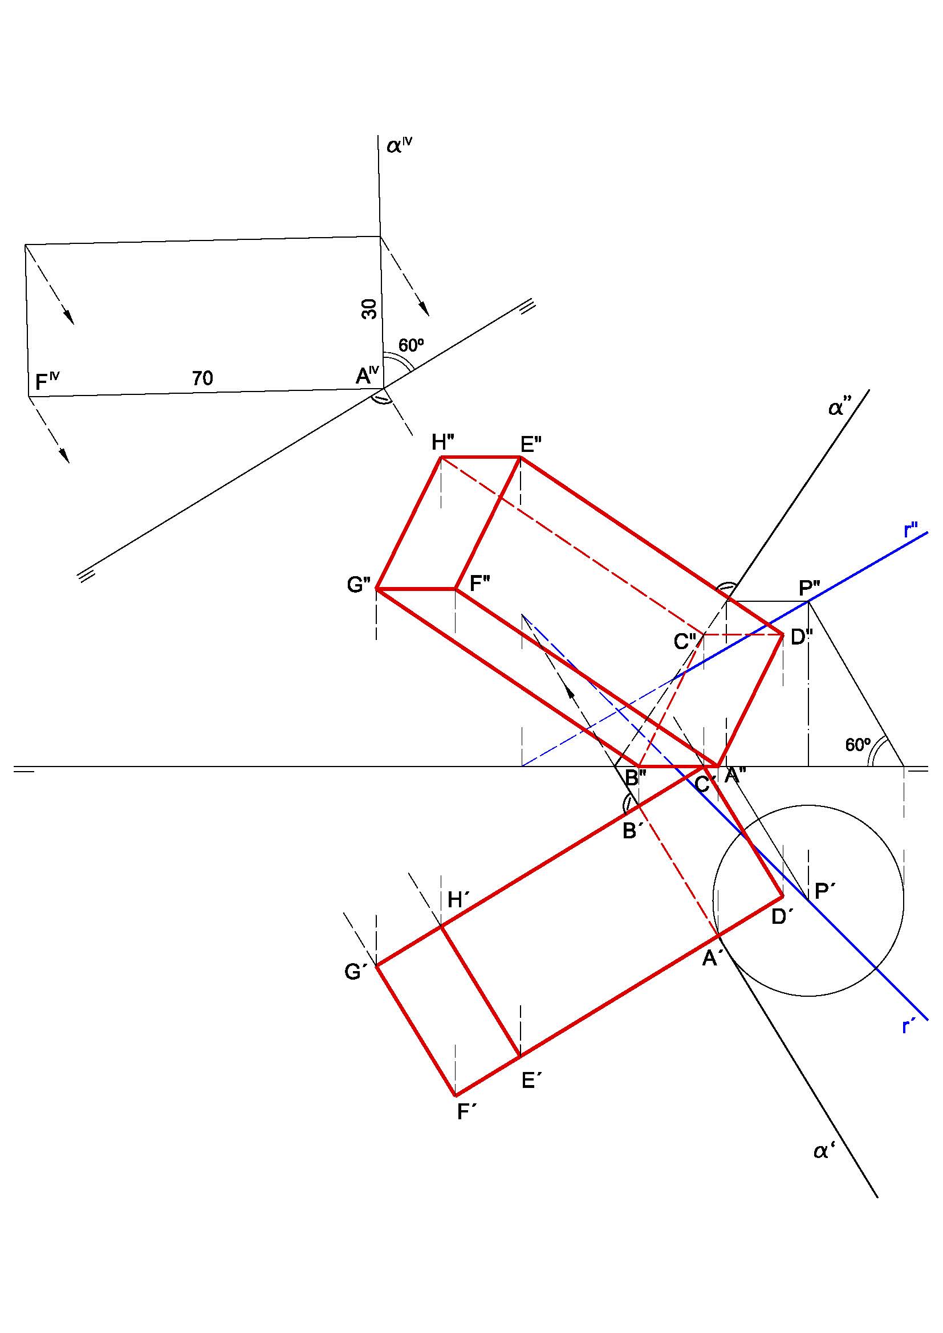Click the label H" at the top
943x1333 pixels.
pos(442,443)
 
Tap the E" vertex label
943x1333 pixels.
pos(531,445)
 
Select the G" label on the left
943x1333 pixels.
pos(358,585)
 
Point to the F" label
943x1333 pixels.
pos(479,583)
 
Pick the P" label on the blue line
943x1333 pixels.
pos(810,589)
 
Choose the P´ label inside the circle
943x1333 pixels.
pos(825,891)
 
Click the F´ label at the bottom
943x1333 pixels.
pos(467,1111)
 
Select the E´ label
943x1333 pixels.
pos(531,1081)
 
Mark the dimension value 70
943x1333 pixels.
pos(202,378)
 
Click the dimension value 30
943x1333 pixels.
pos(369,309)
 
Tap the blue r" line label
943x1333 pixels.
pos(911,531)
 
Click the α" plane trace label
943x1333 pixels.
pos(840,408)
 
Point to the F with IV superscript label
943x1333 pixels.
pos(47,381)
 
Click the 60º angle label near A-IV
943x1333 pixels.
pos(410,345)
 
